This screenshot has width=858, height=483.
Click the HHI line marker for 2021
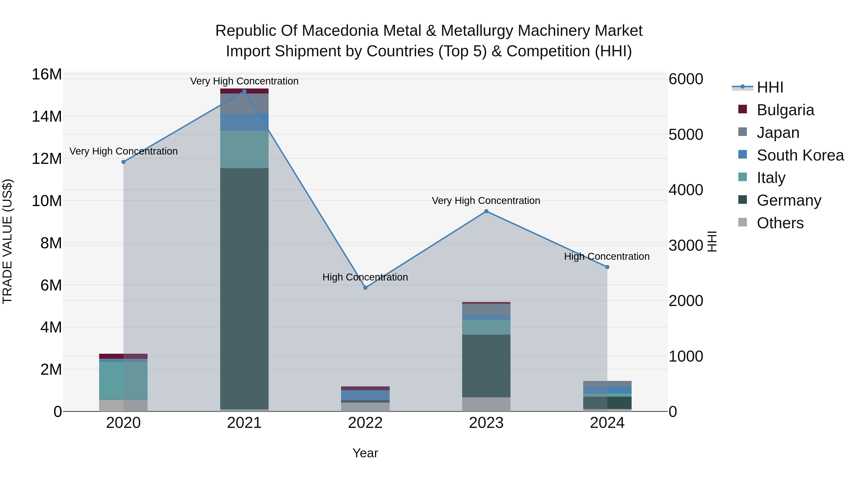coord(244,91)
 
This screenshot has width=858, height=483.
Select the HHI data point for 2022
coord(365,288)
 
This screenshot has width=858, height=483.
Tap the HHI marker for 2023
coord(486,211)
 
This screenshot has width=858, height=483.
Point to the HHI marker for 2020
coord(123,162)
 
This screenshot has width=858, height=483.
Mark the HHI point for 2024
coord(607,267)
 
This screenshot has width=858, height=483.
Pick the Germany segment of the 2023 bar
coord(486,366)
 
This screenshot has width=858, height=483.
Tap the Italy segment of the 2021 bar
coord(244,149)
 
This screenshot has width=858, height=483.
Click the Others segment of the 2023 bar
coord(486,404)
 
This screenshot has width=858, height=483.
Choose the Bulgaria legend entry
coord(785,110)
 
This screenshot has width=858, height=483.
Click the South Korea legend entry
coord(800,155)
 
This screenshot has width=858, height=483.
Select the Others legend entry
coord(780,223)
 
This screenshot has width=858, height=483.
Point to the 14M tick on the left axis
coord(47,117)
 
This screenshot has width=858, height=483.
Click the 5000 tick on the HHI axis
coord(686,135)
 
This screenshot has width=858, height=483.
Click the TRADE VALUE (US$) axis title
coord(7,241)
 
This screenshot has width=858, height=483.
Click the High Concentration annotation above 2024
coord(607,256)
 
